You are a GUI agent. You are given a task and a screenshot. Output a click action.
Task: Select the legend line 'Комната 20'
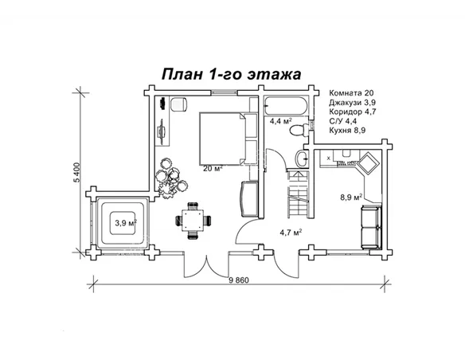point(357,93)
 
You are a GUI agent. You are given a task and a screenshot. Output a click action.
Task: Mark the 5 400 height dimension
point(77,173)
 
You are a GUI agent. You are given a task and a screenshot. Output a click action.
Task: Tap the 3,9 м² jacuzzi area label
point(124,223)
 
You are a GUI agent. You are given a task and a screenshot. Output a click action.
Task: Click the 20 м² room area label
point(213,168)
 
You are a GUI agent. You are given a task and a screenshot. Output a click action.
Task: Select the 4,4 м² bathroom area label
point(280,122)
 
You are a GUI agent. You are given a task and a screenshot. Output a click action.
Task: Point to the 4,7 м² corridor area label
point(290,233)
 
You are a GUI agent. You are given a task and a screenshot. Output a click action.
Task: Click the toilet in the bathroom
point(300,159)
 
